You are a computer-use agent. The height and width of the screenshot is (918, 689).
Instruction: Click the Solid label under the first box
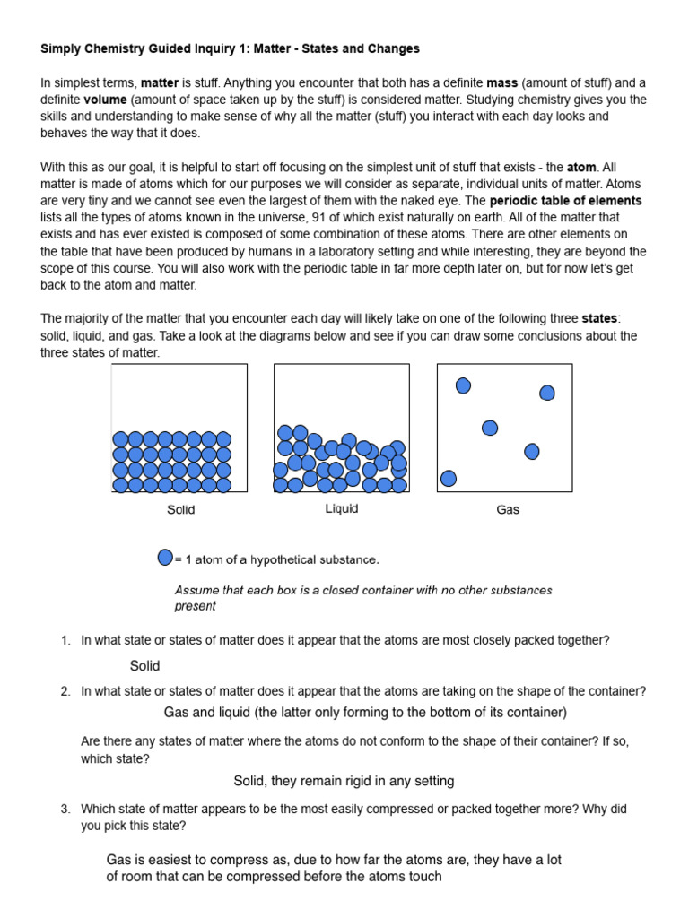coord(180,510)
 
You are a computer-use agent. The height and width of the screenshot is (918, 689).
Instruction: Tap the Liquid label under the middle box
coord(341,508)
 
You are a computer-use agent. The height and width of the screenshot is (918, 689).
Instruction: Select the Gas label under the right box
coord(508,510)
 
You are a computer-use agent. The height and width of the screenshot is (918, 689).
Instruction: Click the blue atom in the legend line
coord(165,558)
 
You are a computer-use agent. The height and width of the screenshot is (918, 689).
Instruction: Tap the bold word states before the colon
coord(599,318)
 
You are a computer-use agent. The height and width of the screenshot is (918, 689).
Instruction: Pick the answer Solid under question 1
coord(144,665)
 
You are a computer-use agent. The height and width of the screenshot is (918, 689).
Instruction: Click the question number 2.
coord(65,691)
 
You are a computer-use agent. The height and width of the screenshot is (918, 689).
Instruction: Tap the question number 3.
coord(65,809)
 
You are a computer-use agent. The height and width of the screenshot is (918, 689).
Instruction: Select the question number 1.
coord(65,640)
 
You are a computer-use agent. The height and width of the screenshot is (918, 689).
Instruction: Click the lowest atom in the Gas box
coord(449,479)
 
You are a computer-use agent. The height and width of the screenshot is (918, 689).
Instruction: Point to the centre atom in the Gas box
coord(490,428)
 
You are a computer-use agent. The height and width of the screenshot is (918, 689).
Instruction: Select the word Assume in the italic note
coord(196,590)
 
